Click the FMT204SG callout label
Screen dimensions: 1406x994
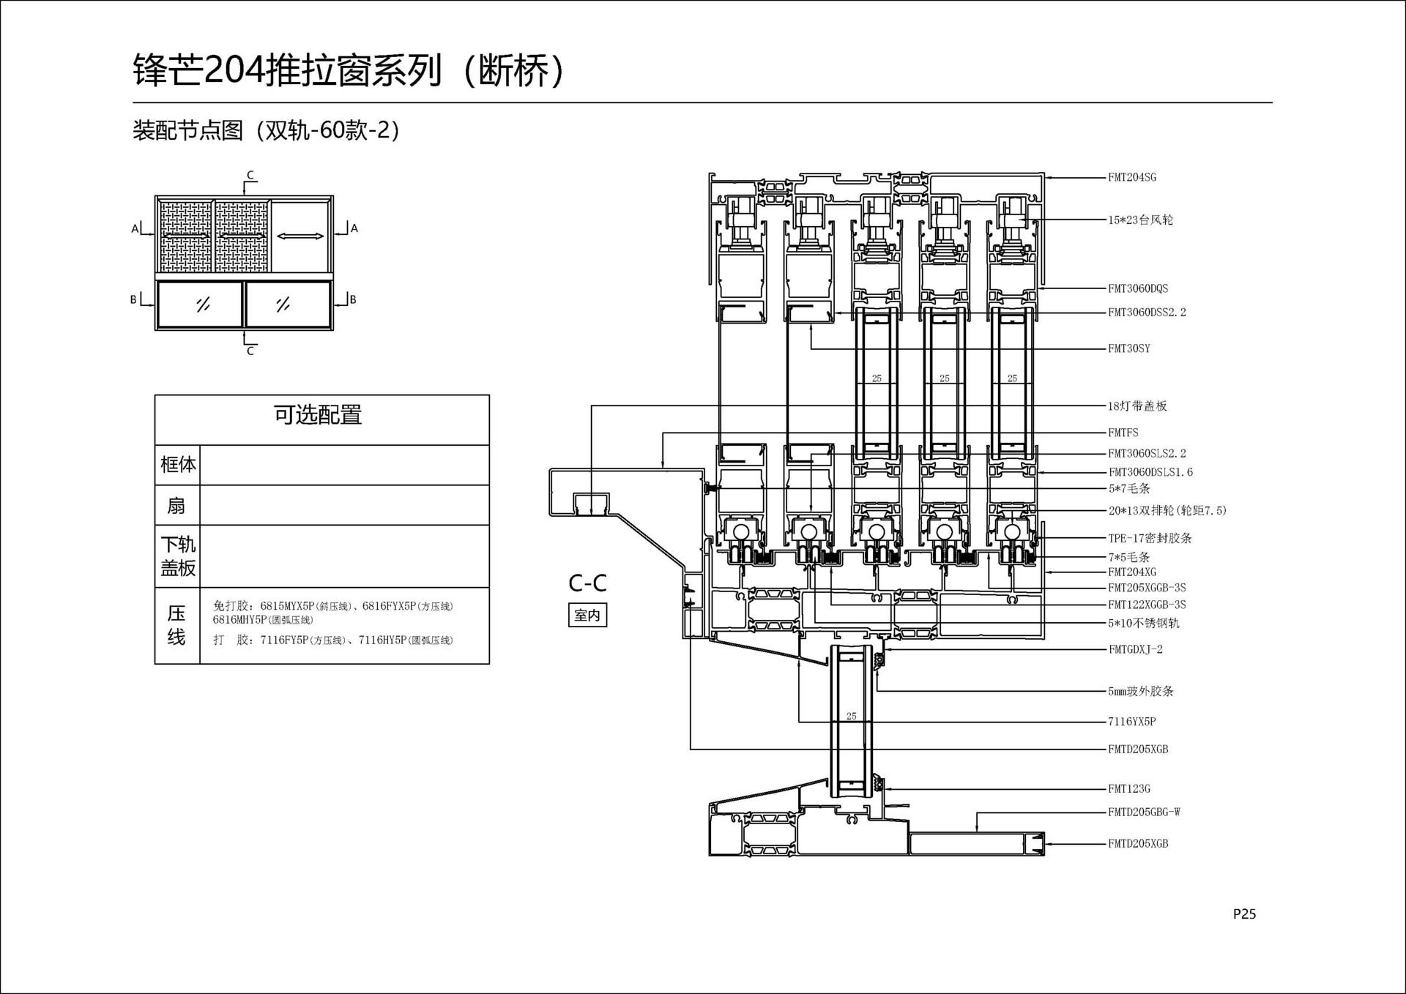1131,177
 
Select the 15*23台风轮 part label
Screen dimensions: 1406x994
1140,220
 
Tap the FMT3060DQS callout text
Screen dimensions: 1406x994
1138,288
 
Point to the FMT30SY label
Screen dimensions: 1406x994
1128,348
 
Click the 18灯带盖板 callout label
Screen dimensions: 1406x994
1137,406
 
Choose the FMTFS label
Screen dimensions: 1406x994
1123,433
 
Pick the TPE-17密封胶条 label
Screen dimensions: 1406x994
1150,538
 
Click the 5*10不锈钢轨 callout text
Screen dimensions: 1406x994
1143,623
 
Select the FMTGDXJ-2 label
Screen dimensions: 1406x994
1135,649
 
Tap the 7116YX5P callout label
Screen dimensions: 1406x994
1131,721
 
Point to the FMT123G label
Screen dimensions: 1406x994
1128,788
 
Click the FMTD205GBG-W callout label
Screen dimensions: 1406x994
1144,812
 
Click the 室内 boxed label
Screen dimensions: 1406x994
587,615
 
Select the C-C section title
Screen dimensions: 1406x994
587,583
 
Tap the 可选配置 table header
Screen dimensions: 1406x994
318,415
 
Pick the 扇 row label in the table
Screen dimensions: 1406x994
176,505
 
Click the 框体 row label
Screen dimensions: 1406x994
178,464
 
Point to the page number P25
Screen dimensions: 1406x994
1244,913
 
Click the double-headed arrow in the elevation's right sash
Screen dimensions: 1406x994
300,236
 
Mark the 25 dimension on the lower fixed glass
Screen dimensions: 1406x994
851,716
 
